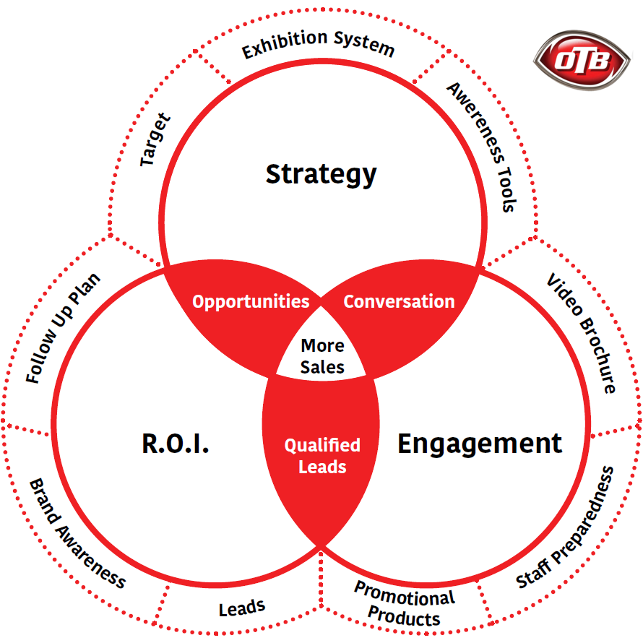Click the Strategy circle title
[321, 174]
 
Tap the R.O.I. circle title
[176, 444]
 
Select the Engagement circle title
[480, 443]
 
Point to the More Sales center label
[322, 355]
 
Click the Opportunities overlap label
[250, 301]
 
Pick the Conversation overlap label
[399, 301]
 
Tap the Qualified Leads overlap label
[322, 456]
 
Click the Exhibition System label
[319, 45]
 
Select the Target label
[155, 139]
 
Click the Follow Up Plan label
[63, 328]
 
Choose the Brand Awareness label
[77, 533]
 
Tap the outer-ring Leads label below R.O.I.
[242, 608]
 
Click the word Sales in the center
[322, 366]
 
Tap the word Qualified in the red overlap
[322, 445]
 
